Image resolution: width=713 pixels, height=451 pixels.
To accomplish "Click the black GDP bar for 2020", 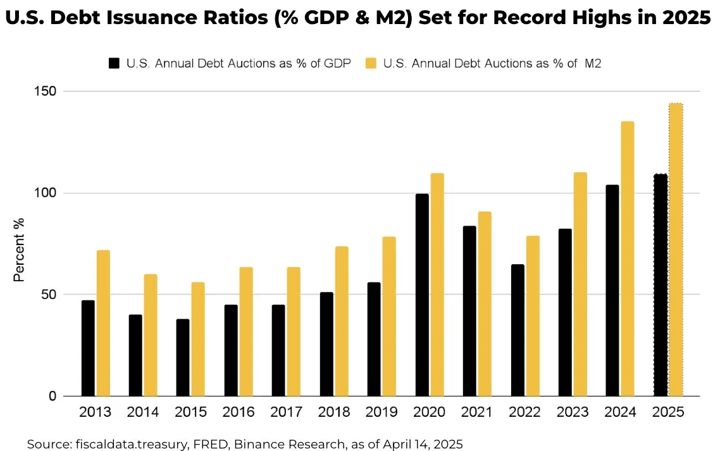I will tap(422, 295).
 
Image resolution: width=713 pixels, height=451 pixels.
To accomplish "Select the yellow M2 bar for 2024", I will tap(611, 259).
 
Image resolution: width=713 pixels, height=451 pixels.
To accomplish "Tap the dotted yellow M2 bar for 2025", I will tap(676, 250).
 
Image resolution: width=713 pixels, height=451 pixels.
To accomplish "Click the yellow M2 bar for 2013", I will tap(103, 324).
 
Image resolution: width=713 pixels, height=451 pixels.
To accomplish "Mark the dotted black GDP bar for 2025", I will tap(660, 286).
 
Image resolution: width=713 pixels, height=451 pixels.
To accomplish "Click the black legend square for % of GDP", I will tap(115, 63).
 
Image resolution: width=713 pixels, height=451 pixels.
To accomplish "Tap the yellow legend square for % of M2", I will tap(371, 63).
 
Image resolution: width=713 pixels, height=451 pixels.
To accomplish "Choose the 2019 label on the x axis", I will tap(381, 412).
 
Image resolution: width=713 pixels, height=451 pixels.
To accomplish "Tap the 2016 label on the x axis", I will tap(239, 412).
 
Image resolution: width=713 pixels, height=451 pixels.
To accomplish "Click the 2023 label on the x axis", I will tap(573, 412).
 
